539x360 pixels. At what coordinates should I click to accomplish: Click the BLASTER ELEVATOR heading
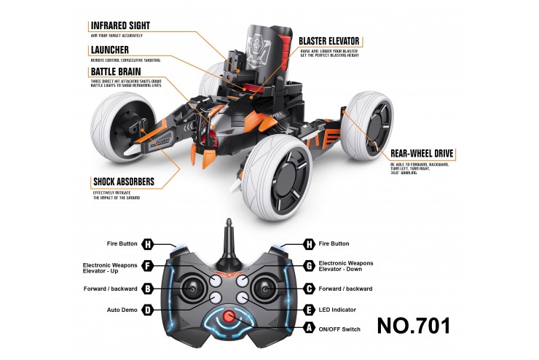click(330, 41)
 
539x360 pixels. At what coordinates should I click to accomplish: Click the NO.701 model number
click(413, 325)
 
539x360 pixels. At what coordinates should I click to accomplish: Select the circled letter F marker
click(148, 267)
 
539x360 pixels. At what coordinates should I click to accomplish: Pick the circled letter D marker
click(148, 310)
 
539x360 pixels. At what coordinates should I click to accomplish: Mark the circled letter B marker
click(148, 289)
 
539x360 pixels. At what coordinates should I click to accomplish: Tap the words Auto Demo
click(120, 310)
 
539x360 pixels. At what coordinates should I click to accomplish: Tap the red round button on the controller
click(229, 317)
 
